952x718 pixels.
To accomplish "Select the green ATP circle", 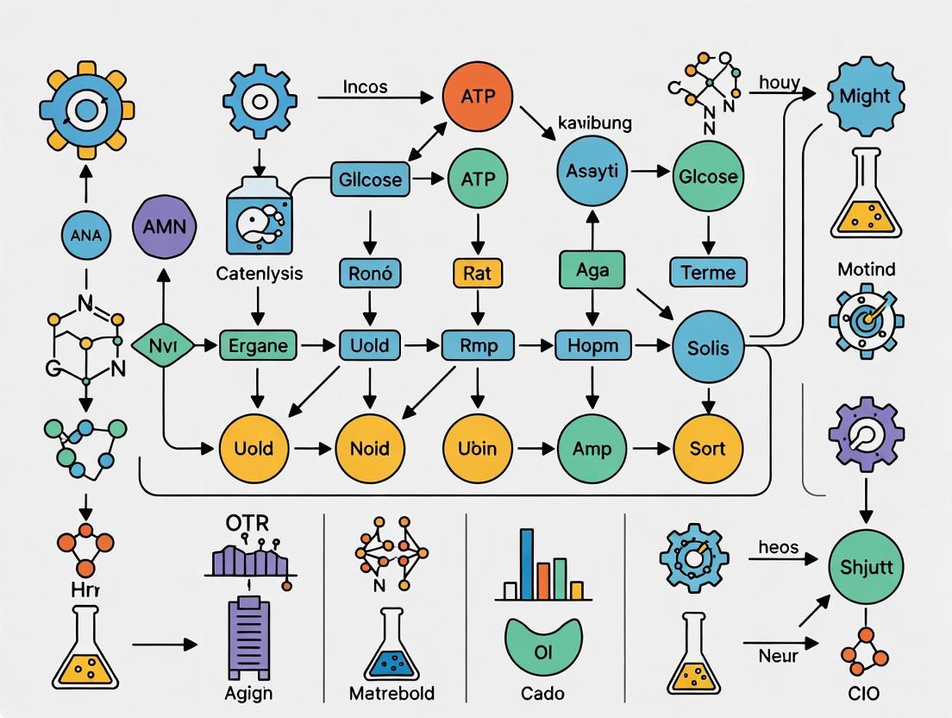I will tap(478, 179).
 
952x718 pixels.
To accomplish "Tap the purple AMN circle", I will tap(165, 228).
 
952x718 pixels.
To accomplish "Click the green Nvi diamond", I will tap(163, 346).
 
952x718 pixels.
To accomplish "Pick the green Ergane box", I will tap(259, 346).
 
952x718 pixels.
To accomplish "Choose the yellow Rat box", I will tap(476, 273).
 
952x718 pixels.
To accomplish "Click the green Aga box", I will tap(592, 269).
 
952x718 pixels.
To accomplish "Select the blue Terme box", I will tap(708, 273).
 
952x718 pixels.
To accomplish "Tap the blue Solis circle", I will tap(708, 348).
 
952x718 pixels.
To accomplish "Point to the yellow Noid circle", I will tap(370, 448).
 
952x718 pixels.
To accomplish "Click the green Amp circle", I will tap(592, 448).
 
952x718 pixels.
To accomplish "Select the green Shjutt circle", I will tap(865, 568).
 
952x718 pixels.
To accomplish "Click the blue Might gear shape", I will tap(865, 95).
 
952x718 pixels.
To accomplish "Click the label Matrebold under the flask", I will tap(392, 693).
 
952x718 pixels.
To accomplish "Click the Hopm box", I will tap(592, 346).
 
